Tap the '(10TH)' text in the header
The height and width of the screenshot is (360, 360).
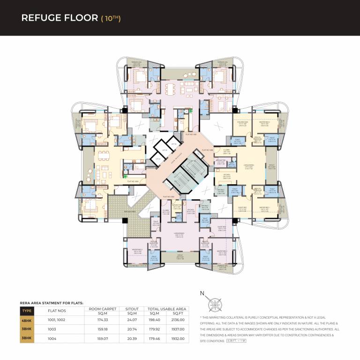coord(111,18)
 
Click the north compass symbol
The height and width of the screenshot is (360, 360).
coord(216,302)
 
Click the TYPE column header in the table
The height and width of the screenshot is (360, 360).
coord(27,310)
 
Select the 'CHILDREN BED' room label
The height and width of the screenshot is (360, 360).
coord(242,123)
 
